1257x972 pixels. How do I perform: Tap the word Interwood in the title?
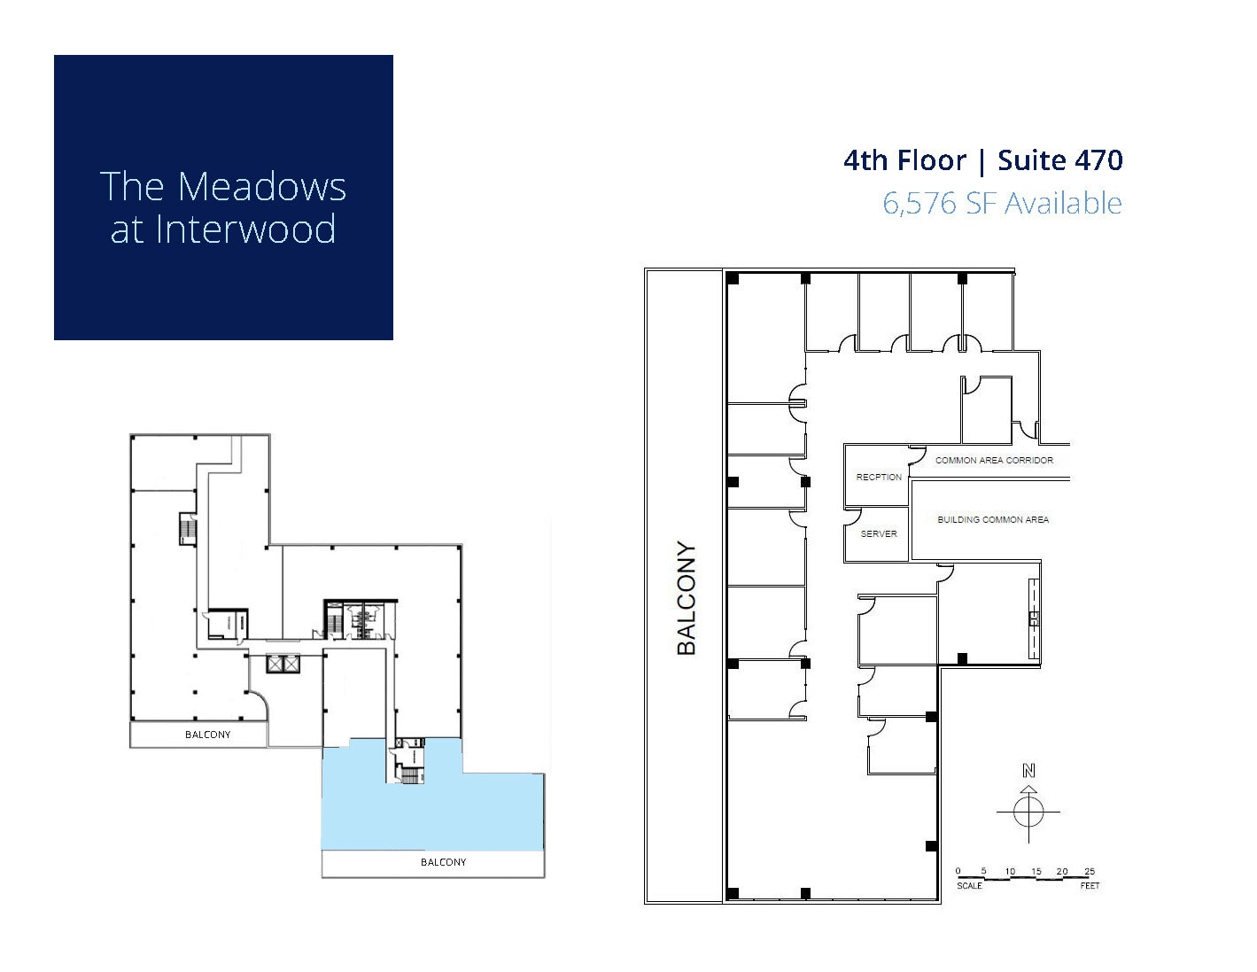246,229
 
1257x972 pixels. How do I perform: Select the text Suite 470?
1059,160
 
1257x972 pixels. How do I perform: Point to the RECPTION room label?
878,477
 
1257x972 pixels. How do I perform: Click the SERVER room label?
878,533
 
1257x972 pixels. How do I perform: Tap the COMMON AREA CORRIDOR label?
994,460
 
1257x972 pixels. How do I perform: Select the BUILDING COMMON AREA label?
992,519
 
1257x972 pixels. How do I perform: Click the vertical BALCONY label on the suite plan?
687,598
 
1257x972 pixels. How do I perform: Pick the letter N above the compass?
1028,771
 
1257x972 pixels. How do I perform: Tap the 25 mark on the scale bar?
1089,872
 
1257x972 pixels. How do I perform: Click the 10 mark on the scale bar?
1010,872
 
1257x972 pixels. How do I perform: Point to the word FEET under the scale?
1089,885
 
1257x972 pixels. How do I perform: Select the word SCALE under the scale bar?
969,885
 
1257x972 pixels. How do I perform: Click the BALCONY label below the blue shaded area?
443,862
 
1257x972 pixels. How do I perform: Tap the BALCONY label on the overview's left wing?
207,735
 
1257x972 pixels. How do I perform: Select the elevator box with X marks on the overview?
283,663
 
